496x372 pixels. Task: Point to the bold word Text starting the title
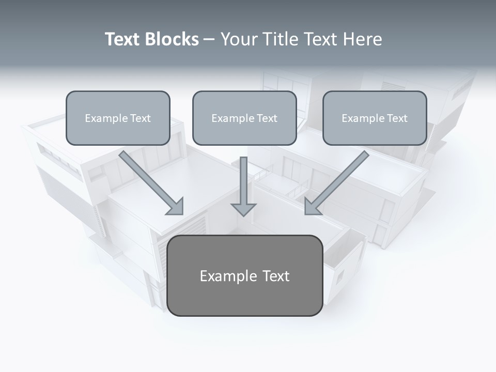coord(124,39)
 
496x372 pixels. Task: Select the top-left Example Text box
coord(118,118)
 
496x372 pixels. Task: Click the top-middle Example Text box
coord(244,118)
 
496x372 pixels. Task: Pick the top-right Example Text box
coord(375,118)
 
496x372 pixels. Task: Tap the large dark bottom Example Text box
coord(244,275)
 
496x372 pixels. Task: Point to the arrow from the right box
coord(338,181)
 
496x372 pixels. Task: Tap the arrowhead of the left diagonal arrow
coord(176,207)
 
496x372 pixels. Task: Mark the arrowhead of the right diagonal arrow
coord(312,207)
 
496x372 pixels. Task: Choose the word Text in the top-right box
coord(397,118)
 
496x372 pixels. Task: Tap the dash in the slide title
coord(209,40)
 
